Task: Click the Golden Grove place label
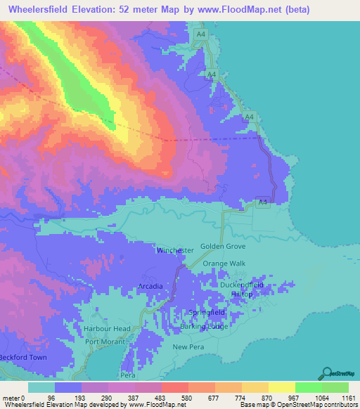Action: click(x=224, y=247)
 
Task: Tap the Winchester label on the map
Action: click(x=175, y=250)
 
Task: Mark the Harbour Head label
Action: click(x=107, y=329)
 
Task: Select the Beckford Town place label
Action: click(x=22, y=358)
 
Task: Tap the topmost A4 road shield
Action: click(x=201, y=33)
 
